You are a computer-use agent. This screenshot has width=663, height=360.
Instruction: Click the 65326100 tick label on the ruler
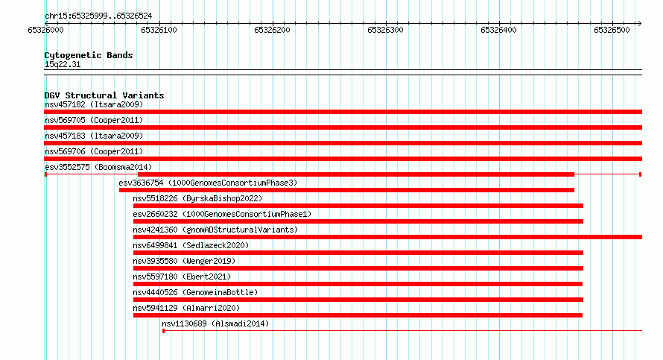159,30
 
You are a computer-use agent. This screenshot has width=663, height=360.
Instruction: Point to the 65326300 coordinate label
385,30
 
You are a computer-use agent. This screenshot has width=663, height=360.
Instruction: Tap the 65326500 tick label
612,30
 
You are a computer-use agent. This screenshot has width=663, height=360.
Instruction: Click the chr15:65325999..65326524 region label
98,16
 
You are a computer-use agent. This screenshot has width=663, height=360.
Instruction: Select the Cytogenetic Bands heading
89,55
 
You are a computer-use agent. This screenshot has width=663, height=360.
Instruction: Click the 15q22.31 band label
63,64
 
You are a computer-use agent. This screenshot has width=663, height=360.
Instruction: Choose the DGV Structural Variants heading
104,95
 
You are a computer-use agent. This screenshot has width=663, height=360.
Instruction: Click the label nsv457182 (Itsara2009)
94,104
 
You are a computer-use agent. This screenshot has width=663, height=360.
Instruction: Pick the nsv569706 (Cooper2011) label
94,151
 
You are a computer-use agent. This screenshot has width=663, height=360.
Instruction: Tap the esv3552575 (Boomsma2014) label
98,167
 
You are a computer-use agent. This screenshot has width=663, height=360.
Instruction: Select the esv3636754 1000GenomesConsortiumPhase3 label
208,183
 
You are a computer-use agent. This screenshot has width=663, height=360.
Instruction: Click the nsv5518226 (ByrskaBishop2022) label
197,198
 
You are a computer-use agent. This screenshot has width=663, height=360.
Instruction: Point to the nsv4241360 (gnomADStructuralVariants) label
215,230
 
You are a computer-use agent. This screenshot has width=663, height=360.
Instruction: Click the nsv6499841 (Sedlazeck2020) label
191,245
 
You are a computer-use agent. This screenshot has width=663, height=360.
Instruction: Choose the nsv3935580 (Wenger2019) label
184,261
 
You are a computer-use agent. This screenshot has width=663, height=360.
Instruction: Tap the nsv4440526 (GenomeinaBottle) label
195,292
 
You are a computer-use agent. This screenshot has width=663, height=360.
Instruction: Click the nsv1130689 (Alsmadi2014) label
215,323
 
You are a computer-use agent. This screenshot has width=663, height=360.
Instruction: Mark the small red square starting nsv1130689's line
164,331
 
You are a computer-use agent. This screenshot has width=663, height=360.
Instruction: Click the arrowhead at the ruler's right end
639,24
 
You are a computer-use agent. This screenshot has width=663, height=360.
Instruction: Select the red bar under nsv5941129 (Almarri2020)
358,315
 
